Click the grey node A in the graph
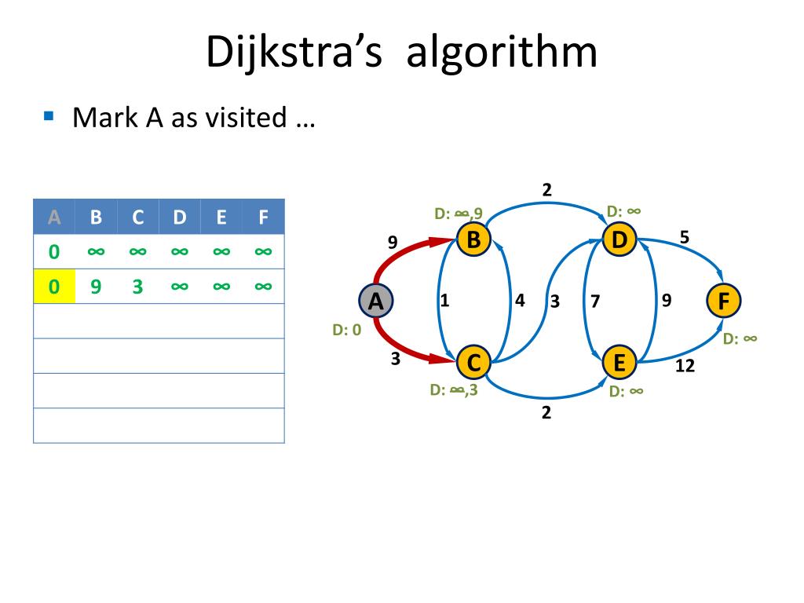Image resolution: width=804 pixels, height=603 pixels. (x=375, y=301)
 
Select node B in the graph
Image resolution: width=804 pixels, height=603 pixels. (x=473, y=239)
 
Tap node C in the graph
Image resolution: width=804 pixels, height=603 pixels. (x=473, y=362)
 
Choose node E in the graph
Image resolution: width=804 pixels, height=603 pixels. (x=619, y=362)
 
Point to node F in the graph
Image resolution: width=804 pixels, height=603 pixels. (x=723, y=301)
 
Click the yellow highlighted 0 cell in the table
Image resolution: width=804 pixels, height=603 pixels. (x=54, y=287)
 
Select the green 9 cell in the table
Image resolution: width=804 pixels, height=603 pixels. (x=96, y=287)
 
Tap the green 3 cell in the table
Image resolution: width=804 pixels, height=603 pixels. (x=137, y=287)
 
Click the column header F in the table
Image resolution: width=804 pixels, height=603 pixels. (x=263, y=217)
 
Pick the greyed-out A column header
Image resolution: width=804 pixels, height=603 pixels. (x=54, y=217)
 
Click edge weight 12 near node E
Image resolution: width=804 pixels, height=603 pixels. (x=685, y=366)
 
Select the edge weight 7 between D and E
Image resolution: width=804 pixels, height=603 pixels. (x=596, y=300)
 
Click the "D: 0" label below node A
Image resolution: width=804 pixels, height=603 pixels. (x=346, y=331)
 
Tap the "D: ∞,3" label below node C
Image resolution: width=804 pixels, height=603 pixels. (x=453, y=389)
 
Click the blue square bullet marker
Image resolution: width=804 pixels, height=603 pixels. (x=49, y=116)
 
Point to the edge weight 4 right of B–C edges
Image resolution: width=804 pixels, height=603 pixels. (x=520, y=299)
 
